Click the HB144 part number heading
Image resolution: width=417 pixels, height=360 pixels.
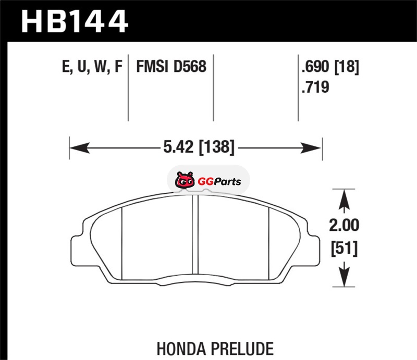tap(75, 21)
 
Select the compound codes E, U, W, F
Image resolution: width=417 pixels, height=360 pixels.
tap(92, 67)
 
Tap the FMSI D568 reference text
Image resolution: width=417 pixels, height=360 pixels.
tap(171, 67)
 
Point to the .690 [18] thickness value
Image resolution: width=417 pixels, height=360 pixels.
tap(330, 67)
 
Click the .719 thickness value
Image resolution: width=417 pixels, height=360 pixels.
tap(315, 87)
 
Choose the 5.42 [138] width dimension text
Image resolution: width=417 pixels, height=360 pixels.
tap(199, 147)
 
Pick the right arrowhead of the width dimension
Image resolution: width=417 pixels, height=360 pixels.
tap(311, 147)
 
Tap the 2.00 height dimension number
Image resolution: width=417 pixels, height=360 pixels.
tap(344, 225)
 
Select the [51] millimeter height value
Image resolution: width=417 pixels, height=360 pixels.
tap(344, 249)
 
